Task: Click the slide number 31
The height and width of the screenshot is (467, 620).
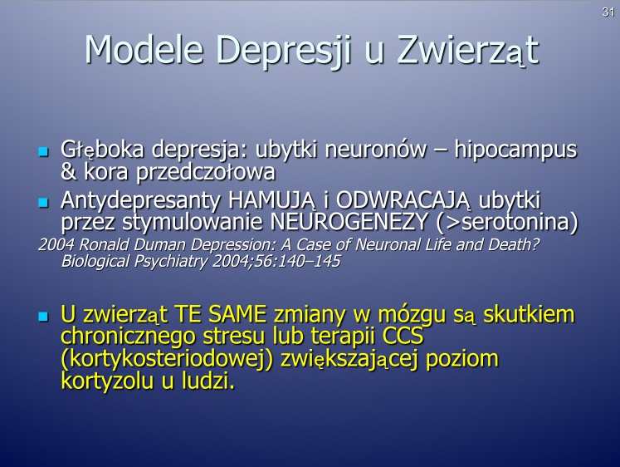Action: click(608, 12)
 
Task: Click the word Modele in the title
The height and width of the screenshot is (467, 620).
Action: click(144, 50)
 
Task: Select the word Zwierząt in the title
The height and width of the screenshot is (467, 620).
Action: click(468, 51)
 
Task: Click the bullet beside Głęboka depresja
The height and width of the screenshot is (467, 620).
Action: click(43, 151)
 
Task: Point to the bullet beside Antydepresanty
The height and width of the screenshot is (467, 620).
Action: click(43, 203)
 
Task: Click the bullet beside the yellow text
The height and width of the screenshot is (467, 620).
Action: click(43, 317)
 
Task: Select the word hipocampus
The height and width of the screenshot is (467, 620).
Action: click(515, 150)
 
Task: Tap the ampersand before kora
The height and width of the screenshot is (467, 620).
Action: click(69, 171)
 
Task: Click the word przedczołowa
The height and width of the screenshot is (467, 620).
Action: click(206, 173)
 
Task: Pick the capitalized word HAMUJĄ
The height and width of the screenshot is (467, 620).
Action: click(272, 200)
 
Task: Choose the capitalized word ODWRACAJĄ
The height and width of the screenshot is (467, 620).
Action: click(403, 200)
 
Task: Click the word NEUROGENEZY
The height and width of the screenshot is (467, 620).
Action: click(349, 222)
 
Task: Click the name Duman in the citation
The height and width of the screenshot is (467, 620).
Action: click(159, 244)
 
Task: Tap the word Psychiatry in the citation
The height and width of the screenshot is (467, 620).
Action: click(171, 262)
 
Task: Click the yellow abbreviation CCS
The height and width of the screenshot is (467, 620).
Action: click(403, 336)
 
